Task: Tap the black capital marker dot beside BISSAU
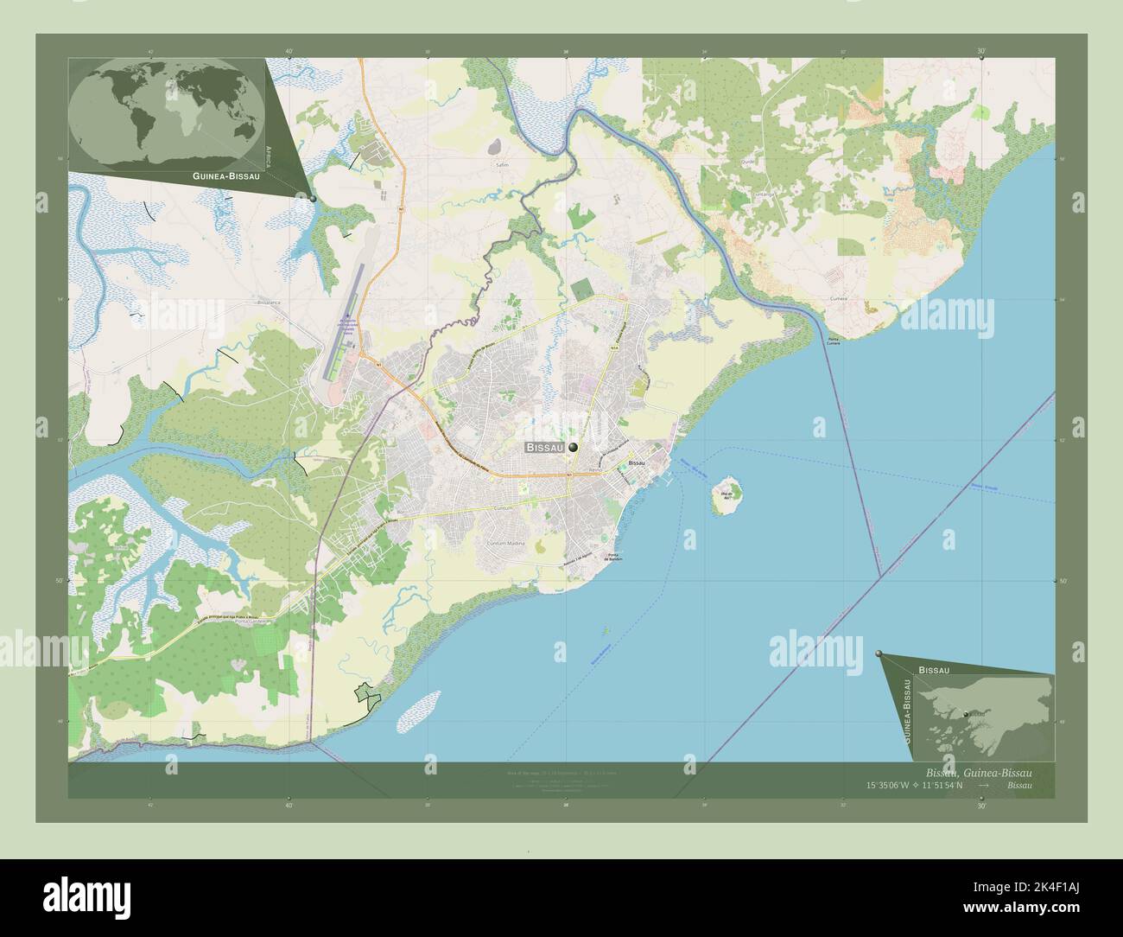[x=573, y=448]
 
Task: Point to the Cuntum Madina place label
[x=505, y=543]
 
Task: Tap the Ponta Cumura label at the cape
[x=834, y=339]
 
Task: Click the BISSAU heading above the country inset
[x=935, y=670]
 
